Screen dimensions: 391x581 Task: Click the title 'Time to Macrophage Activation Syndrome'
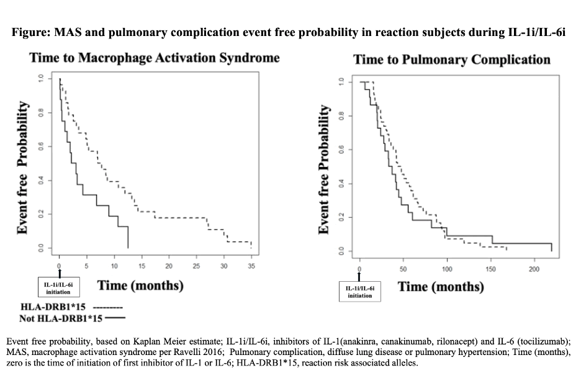(x=155, y=58)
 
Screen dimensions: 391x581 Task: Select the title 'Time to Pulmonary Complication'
(x=451, y=60)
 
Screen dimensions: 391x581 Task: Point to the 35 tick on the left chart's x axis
(x=251, y=266)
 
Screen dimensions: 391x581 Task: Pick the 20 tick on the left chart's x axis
(x=169, y=266)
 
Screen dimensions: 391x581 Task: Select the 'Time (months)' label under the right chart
(x=441, y=287)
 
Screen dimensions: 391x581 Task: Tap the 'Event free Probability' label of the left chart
(x=22, y=168)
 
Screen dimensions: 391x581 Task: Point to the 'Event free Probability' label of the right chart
(x=323, y=169)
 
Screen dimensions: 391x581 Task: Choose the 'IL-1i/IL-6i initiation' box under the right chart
(x=360, y=292)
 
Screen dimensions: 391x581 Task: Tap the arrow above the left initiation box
(x=60, y=272)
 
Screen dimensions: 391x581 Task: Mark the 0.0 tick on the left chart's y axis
(x=41, y=249)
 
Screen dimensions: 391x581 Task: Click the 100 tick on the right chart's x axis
(x=447, y=269)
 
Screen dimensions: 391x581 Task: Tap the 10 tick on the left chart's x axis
(x=114, y=266)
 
